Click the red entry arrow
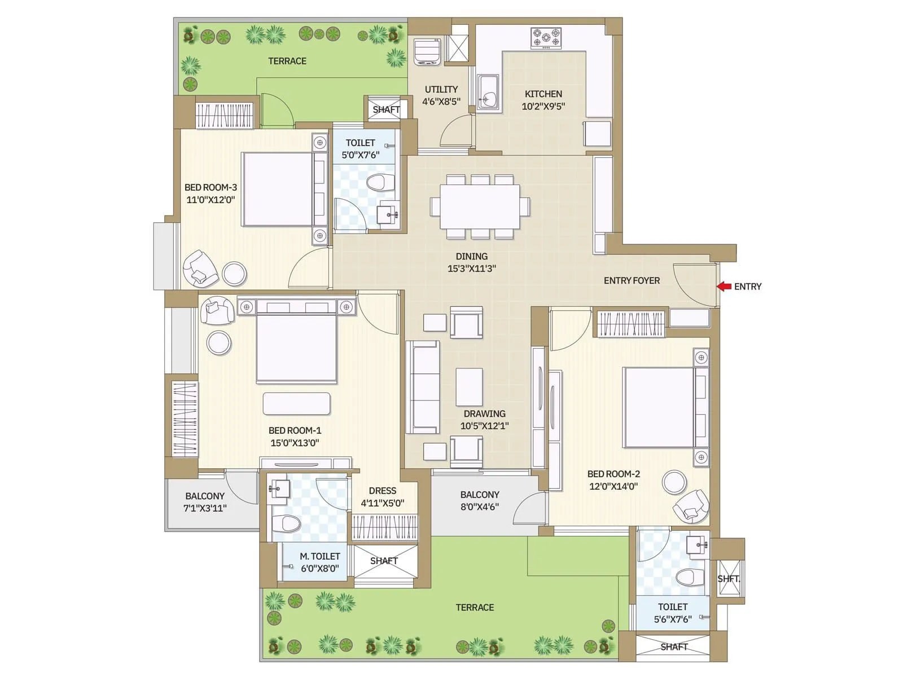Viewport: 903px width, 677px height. (724, 287)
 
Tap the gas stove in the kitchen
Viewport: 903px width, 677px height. (546, 38)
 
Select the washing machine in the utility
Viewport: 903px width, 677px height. (427, 52)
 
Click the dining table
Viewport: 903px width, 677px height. (480, 206)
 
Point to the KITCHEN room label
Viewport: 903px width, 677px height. (543, 94)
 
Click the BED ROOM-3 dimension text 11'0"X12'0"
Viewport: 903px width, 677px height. (211, 200)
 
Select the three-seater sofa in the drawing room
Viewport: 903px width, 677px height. (423, 387)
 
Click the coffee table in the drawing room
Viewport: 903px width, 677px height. (469, 387)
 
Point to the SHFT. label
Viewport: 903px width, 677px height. (728, 579)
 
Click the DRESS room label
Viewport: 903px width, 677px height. (382, 491)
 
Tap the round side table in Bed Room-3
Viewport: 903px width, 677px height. (234, 274)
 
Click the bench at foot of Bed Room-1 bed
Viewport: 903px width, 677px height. (296, 403)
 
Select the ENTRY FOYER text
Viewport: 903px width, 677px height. (631, 280)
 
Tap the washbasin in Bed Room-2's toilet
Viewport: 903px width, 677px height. (697, 545)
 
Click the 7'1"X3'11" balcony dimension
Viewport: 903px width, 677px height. (205, 508)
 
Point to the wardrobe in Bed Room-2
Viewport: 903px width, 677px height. (630, 324)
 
